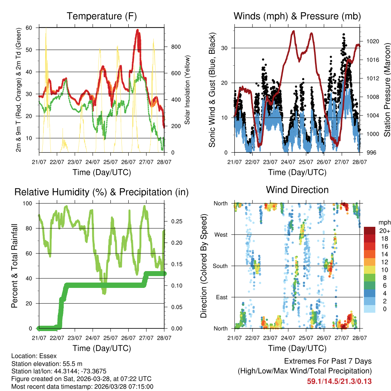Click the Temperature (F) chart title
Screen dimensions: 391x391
[x=102, y=16]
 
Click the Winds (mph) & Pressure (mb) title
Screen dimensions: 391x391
[x=297, y=16]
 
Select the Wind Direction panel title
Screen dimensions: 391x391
[x=297, y=190]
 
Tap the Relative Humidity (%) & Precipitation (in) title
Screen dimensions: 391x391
[x=102, y=192]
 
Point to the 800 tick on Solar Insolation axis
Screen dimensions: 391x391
[x=175, y=47]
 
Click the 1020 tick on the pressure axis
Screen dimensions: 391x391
[x=372, y=41]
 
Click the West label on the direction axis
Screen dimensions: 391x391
[x=221, y=235]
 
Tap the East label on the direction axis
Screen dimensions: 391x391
[x=222, y=297]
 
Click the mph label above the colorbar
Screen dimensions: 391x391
[x=384, y=223]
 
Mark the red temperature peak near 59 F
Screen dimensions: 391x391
[x=138, y=31]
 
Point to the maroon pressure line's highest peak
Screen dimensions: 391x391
[x=293, y=31]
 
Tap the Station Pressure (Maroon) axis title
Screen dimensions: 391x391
[x=387, y=90]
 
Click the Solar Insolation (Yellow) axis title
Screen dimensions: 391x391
[x=187, y=90]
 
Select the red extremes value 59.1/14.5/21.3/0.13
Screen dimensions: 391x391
[x=339, y=381]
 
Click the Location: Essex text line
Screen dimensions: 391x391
[x=34, y=356]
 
